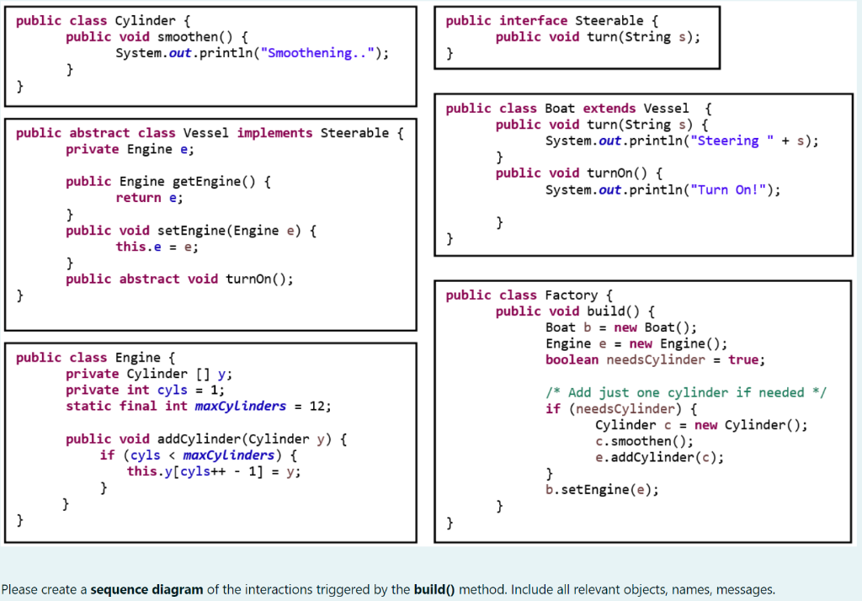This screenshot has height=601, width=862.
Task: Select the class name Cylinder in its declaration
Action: point(146,20)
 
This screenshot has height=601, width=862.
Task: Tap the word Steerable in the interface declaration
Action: point(609,20)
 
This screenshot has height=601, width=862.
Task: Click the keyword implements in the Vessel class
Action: point(275,133)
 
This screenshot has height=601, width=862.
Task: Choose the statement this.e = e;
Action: point(157,247)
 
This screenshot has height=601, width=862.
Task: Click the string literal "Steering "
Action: point(728,141)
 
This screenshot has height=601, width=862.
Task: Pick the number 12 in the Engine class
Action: point(318,406)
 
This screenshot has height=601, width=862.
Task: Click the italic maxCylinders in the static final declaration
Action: point(240,406)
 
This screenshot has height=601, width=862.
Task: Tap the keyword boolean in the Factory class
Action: point(572,359)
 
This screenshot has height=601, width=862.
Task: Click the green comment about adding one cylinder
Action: point(686,392)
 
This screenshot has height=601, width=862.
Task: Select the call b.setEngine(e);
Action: point(602,490)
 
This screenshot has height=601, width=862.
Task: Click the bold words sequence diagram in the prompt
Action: point(146,589)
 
